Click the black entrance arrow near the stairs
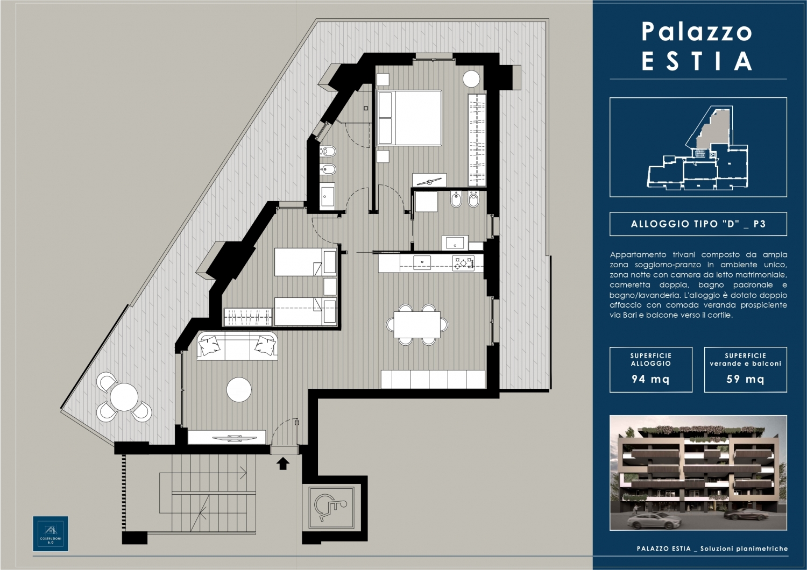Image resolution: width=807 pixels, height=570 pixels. [283, 464]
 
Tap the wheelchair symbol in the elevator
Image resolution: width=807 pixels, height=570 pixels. [330, 508]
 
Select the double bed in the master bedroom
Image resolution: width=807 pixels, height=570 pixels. [409, 118]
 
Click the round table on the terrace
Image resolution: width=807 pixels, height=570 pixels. [124, 397]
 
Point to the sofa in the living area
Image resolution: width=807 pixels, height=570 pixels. [237, 346]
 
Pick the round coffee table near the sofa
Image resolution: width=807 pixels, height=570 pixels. [239, 389]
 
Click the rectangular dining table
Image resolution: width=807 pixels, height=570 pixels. [417, 324]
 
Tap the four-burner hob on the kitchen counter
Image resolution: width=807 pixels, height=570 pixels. [463, 263]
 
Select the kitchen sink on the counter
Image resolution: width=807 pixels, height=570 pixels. [422, 262]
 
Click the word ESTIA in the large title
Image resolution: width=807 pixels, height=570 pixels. [697, 61]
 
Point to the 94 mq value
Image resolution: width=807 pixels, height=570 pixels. [650, 379]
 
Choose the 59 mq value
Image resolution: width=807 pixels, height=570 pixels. [745, 379]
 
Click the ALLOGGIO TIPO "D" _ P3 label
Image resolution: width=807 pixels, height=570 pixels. [698, 224]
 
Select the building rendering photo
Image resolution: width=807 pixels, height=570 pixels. [698, 473]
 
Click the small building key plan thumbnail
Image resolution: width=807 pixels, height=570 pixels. [698, 147]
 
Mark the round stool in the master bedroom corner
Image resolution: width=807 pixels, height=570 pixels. [471, 79]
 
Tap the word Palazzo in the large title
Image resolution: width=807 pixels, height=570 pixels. [697, 32]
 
